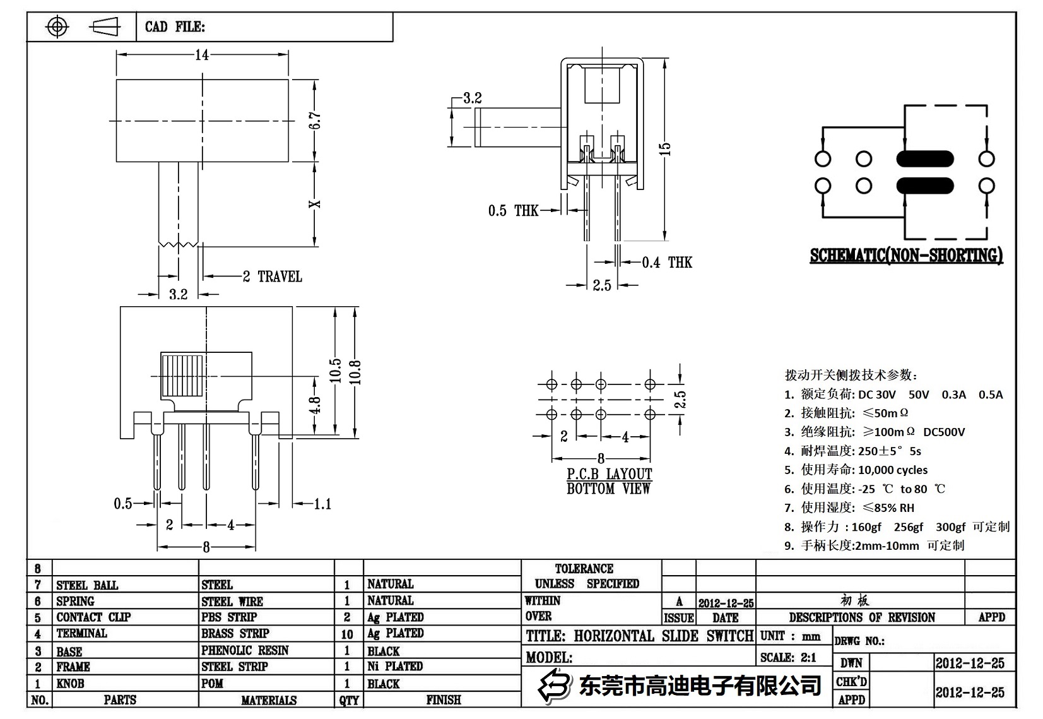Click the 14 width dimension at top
(202, 55)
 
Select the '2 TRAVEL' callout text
(273, 276)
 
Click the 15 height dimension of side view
(665, 149)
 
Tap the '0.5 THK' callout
(513, 211)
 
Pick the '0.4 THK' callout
(667, 263)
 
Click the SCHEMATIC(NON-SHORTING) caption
(906, 256)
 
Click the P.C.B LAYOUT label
(609, 474)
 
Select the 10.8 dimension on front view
(355, 372)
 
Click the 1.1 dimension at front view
(322, 504)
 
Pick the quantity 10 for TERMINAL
(347, 634)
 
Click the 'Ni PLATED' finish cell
(395, 666)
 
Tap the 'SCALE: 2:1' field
(788, 658)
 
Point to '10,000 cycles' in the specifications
(893, 470)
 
